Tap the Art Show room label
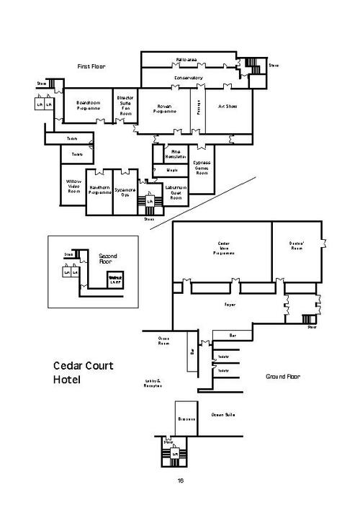[x=228, y=106]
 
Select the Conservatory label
[x=188, y=78]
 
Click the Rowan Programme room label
[x=165, y=109]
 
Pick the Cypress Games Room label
[x=202, y=168]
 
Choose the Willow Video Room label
[x=73, y=185]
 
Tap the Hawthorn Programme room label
[x=99, y=189]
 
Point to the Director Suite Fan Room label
[x=125, y=106]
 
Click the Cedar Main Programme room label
[x=223, y=249]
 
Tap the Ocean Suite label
[x=223, y=415]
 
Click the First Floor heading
[x=91, y=66]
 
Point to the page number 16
[x=180, y=480]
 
